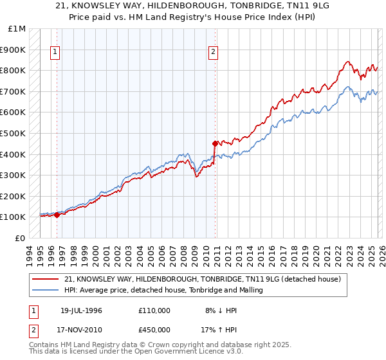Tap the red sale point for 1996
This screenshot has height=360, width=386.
point(57,215)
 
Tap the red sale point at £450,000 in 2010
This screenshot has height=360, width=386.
point(215,143)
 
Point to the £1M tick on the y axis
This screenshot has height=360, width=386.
point(18,29)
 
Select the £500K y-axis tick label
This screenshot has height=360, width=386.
point(15,134)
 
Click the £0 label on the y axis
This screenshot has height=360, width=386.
point(21,238)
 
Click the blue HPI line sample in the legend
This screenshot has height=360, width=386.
point(46,290)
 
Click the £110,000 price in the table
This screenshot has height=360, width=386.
point(154,310)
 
